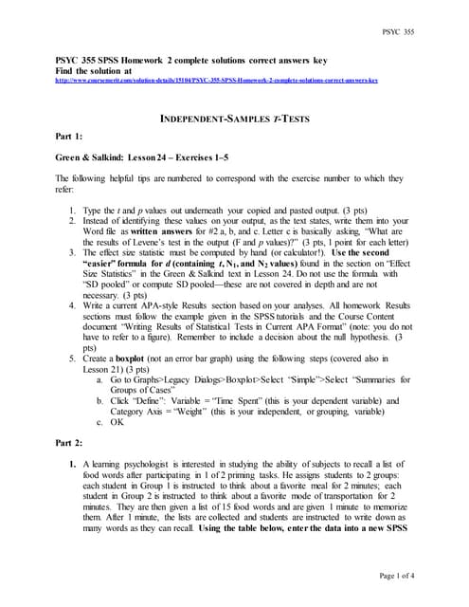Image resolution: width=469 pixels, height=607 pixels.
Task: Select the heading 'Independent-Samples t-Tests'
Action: pyautogui.click(x=234, y=118)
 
